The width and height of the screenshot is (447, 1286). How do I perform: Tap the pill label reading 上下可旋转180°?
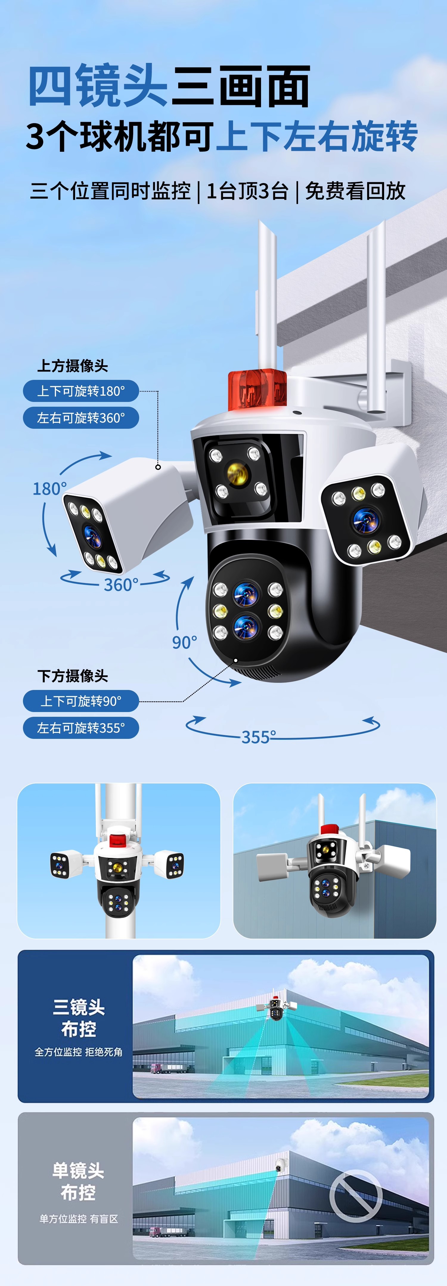pyautogui.click(x=81, y=391)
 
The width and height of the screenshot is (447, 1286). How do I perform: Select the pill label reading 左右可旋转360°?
pyautogui.click(x=81, y=418)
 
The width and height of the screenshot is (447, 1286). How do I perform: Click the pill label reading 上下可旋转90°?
pyautogui.click(x=81, y=701)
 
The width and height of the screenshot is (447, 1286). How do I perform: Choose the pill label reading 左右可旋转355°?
pyautogui.click(x=81, y=728)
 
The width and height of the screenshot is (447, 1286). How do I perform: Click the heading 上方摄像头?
pyautogui.click(x=73, y=366)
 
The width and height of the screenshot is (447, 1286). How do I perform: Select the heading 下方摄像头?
pyautogui.click(x=73, y=676)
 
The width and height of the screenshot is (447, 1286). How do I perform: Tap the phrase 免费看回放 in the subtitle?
pyautogui.click(x=355, y=191)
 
